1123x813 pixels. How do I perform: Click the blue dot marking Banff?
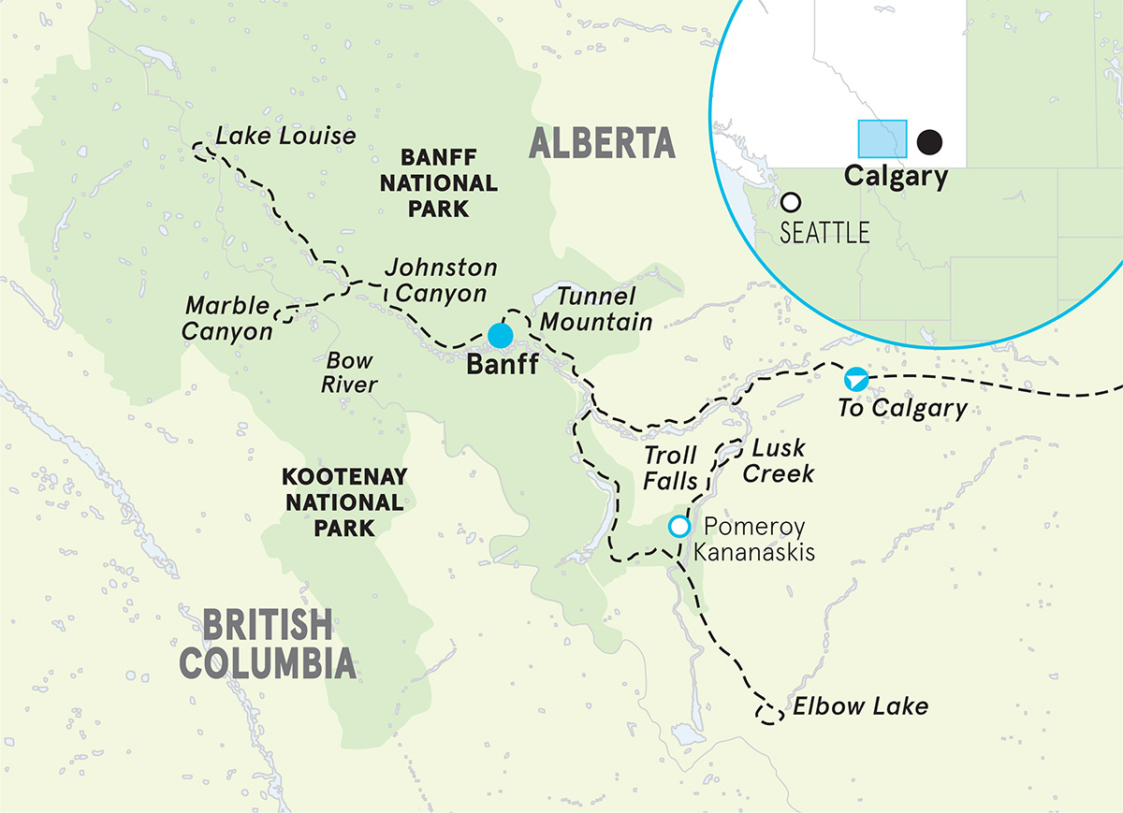point(501,335)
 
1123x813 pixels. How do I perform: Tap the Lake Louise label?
point(285,136)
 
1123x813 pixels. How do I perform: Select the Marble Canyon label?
point(227,318)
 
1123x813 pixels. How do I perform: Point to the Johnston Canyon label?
point(441,281)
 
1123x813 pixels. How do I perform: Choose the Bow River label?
point(350,372)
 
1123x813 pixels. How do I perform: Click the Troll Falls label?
point(670,468)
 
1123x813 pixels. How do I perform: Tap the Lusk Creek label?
point(778,462)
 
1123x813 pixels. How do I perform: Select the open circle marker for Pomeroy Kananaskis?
point(679,527)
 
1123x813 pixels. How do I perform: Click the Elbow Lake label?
point(860,706)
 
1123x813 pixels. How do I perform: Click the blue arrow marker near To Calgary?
point(853,379)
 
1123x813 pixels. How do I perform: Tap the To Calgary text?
point(902,408)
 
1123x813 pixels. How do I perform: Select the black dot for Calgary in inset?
point(929,141)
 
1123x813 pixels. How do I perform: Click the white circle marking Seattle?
point(791,202)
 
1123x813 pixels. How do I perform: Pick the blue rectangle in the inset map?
point(882,138)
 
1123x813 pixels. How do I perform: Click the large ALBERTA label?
point(602,143)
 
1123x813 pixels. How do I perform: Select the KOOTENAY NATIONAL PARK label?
point(343,502)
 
